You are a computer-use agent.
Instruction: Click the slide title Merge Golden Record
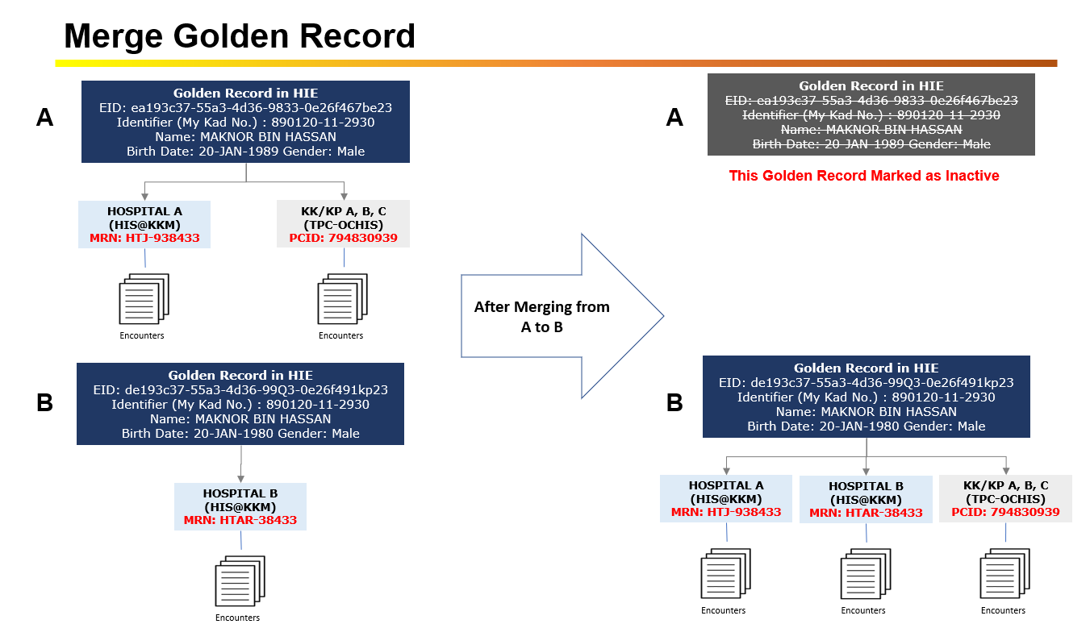click(240, 35)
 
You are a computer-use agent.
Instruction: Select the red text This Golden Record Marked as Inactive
click(864, 176)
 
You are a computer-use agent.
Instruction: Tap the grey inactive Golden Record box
click(871, 114)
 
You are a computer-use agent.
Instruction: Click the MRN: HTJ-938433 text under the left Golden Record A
click(144, 239)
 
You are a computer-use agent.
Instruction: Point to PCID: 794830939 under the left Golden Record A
click(343, 239)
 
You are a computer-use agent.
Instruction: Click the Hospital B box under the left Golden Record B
click(240, 506)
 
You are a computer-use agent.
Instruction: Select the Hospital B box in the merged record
click(866, 499)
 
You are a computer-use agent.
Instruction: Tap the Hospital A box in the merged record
click(726, 498)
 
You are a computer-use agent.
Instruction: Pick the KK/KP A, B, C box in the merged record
click(1005, 498)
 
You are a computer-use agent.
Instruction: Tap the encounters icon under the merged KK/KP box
click(1004, 574)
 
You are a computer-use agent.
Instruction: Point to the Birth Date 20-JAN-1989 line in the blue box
click(245, 151)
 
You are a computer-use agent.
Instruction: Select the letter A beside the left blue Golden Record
click(45, 119)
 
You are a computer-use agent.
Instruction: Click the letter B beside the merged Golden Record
click(674, 401)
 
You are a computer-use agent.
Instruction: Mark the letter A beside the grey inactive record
click(674, 118)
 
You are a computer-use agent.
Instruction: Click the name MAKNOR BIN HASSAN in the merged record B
click(866, 411)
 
